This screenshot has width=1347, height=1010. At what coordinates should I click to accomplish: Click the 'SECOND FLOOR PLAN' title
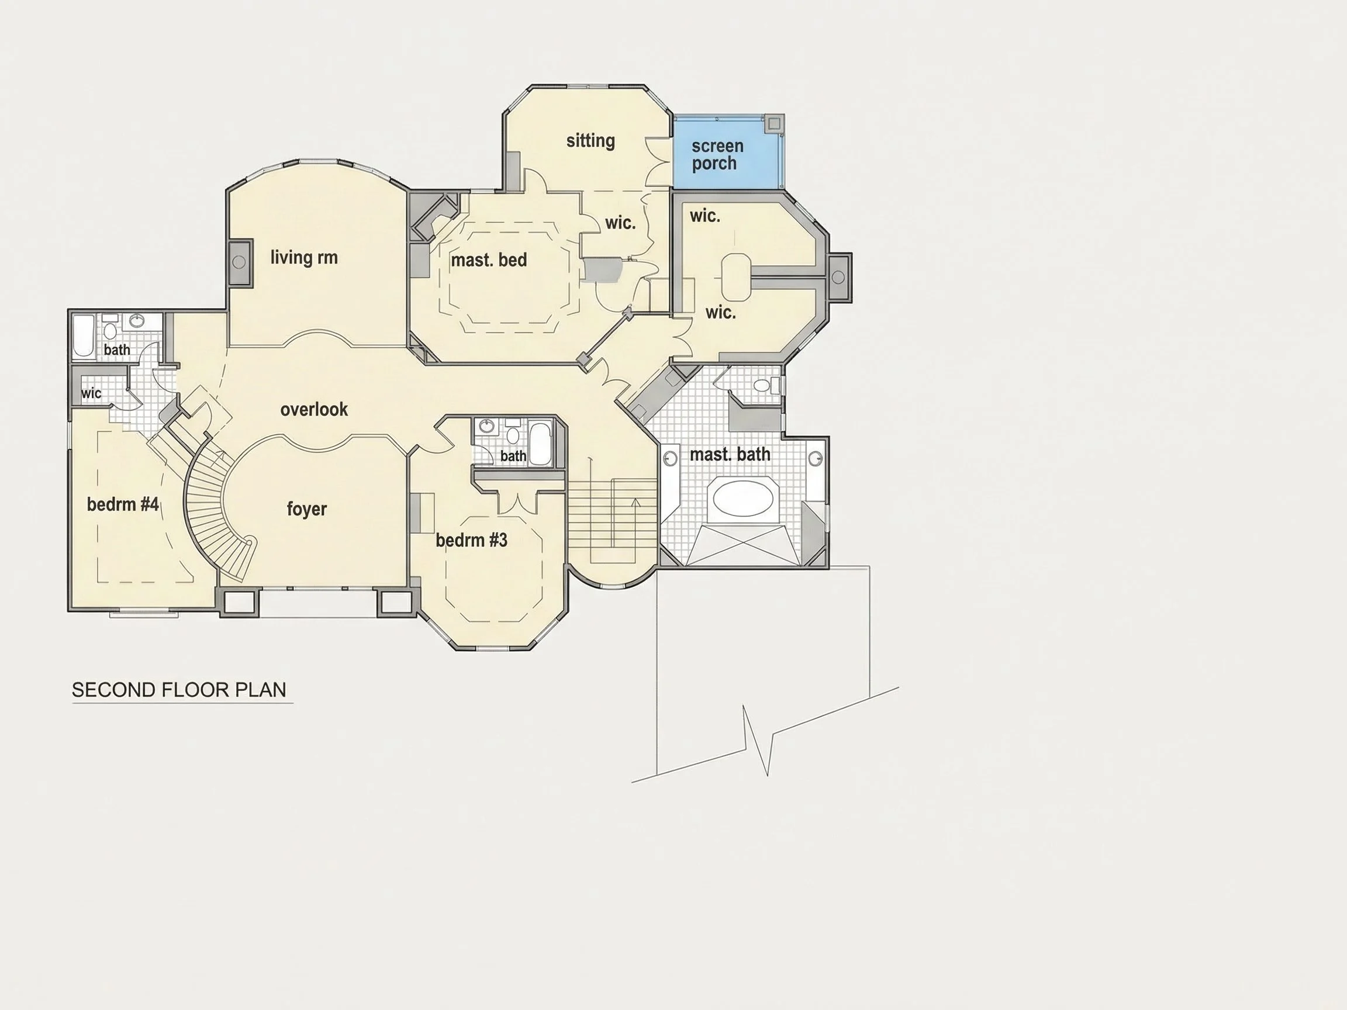tap(179, 690)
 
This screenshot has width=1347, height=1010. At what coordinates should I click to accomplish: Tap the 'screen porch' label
tap(717, 155)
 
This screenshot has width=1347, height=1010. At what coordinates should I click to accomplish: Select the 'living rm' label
tap(304, 258)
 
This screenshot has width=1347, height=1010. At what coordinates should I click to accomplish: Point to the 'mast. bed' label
tap(489, 260)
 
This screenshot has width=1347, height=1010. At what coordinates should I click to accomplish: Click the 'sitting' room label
tap(590, 141)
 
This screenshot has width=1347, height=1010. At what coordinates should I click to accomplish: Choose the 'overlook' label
tap(314, 409)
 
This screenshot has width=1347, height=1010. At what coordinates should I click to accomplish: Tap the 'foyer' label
tap(307, 509)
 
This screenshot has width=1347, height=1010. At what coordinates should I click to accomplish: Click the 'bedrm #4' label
tap(123, 504)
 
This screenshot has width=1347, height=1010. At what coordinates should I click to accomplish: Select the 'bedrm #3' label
tap(471, 540)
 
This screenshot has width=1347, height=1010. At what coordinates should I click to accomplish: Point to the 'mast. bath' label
tap(730, 454)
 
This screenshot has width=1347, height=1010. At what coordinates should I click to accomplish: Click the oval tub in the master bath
tap(743, 499)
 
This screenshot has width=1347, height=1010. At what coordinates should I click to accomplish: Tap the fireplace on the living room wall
tap(239, 262)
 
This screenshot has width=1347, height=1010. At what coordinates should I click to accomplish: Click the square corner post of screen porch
tap(774, 123)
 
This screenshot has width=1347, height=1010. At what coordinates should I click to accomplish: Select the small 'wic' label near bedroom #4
tap(91, 393)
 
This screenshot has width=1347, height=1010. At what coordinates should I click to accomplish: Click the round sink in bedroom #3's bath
tap(486, 426)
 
